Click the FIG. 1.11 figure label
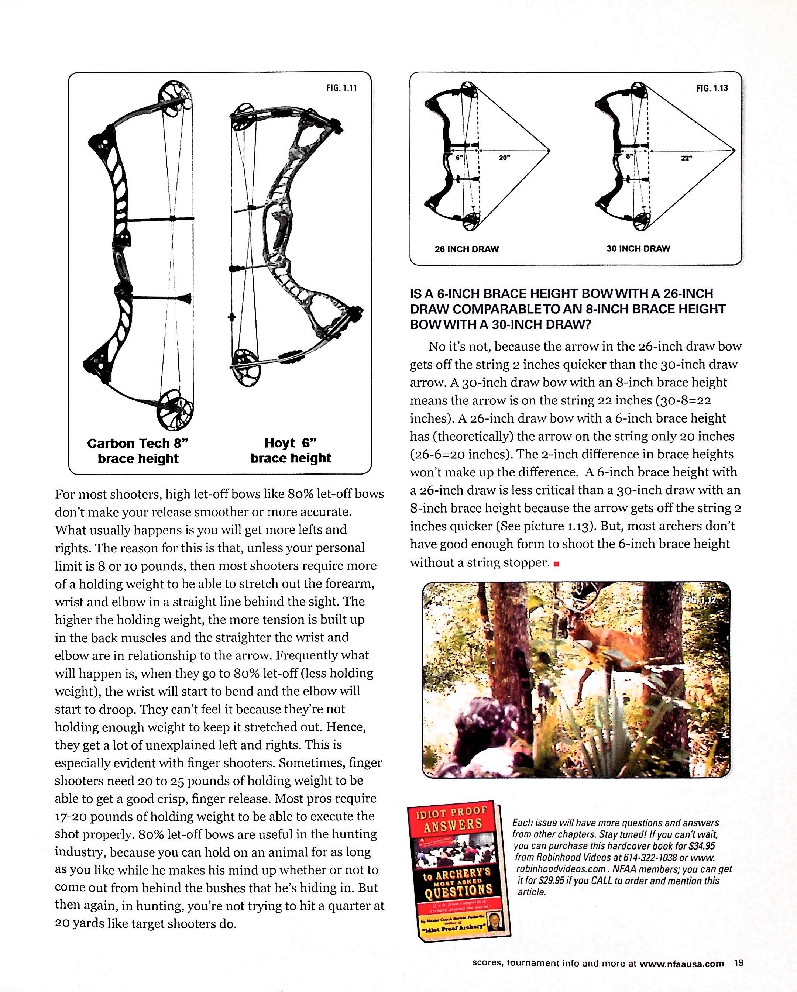[341, 88]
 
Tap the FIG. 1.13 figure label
[712, 88]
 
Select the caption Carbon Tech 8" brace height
[138, 451]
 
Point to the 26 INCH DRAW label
[467, 249]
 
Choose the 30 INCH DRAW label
[638, 248]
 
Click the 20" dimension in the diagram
[504, 158]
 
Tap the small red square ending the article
[556, 564]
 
